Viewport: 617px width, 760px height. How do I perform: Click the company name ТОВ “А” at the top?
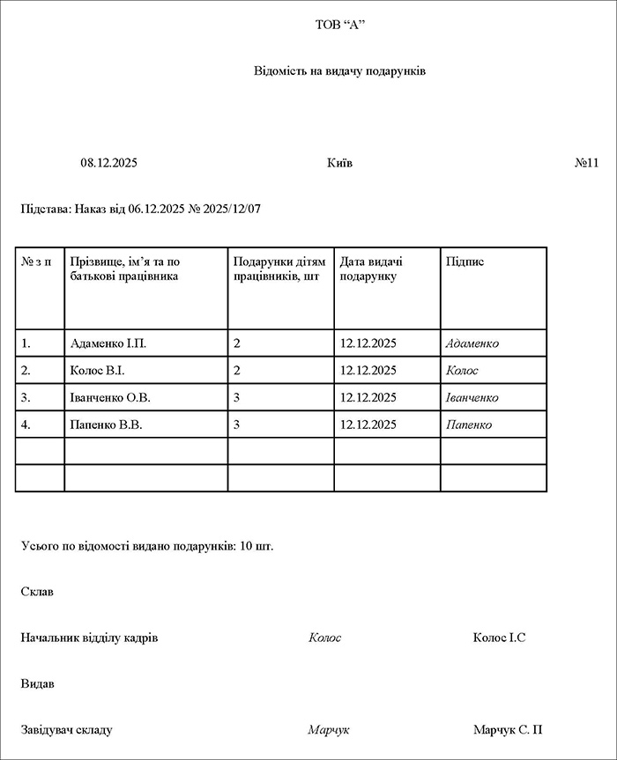(339, 25)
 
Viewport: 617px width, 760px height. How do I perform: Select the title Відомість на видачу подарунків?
(339, 70)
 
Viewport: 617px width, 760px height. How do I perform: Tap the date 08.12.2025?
(109, 163)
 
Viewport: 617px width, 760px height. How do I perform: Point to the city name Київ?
(339, 163)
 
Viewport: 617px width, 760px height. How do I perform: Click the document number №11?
(586, 163)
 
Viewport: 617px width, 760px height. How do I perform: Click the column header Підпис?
(465, 262)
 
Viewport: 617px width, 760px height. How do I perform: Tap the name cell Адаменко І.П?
(108, 343)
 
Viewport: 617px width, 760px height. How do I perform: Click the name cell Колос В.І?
(97, 371)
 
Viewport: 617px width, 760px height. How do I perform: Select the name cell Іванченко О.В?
(110, 398)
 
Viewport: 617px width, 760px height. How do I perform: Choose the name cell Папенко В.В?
(106, 425)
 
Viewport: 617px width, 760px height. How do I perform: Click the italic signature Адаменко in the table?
(472, 343)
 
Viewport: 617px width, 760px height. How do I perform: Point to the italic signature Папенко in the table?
(469, 425)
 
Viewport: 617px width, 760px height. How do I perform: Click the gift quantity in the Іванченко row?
(237, 398)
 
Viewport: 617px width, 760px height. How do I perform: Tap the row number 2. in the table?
(26, 371)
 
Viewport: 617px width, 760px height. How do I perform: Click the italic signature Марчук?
(329, 730)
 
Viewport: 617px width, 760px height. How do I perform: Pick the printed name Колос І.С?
(499, 638)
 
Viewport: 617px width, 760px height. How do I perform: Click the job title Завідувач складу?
(67, 730)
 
